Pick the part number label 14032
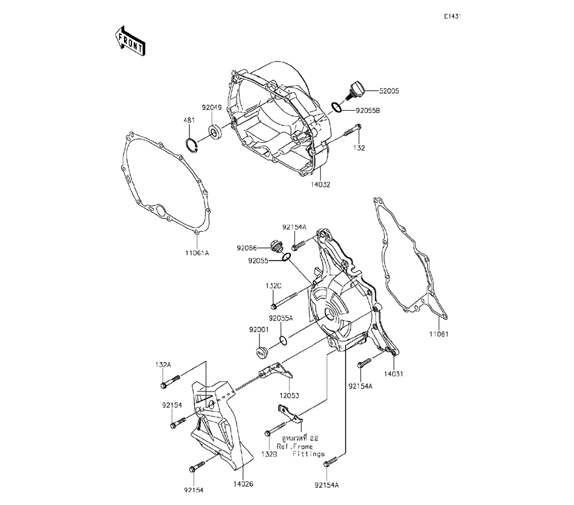click(321, 185)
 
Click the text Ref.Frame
click(294, 446)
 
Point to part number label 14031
click(394, 374)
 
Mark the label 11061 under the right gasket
click(438, 334)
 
